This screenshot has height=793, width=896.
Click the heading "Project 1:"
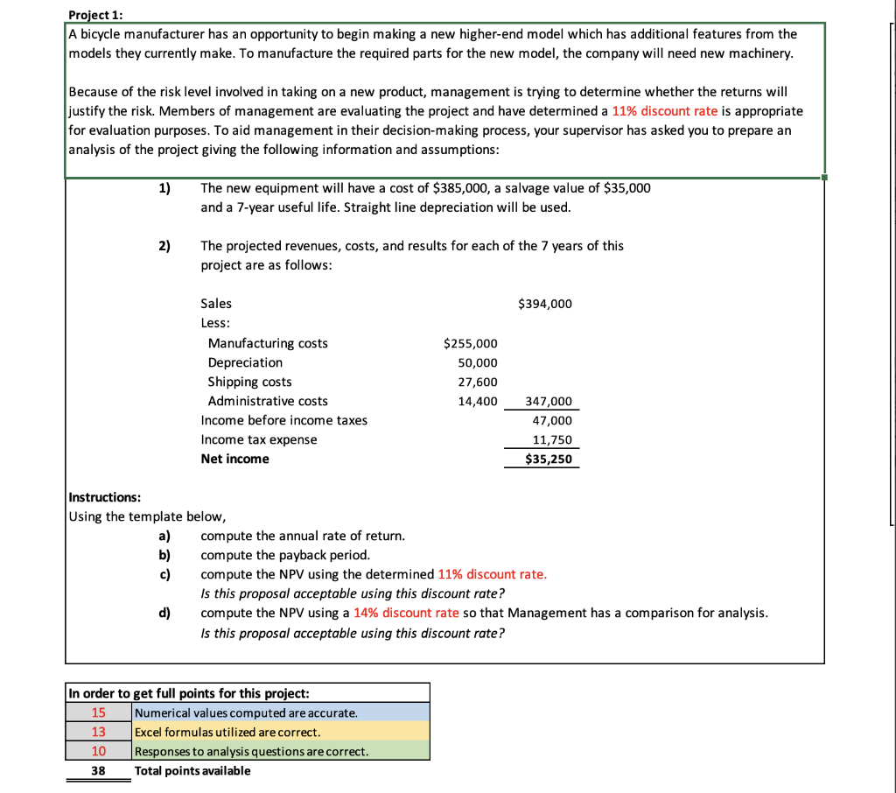tap(96, 15)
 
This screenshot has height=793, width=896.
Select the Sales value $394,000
tap(545, 304)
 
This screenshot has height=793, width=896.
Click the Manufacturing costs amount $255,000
tap(471, 343)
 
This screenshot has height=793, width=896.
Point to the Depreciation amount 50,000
tap(478, 362)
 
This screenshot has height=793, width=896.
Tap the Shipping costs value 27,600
tap(478, 382)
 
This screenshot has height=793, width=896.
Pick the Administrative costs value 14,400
tap(478, 401)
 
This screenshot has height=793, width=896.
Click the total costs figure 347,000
tap(549, 402)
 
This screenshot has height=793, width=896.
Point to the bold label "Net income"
tap(234, 459)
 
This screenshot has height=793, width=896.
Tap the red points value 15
tap(99, 712)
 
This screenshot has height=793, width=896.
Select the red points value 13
tap(99, 732)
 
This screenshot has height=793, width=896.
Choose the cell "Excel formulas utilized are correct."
tap(227, 732)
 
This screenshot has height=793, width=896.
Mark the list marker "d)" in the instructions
tap(164, 613)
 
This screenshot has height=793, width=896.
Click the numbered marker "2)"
tap(164, 246)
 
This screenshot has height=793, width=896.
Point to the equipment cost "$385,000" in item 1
tap(460, 188)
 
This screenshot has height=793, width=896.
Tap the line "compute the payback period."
tap(285, 555)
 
